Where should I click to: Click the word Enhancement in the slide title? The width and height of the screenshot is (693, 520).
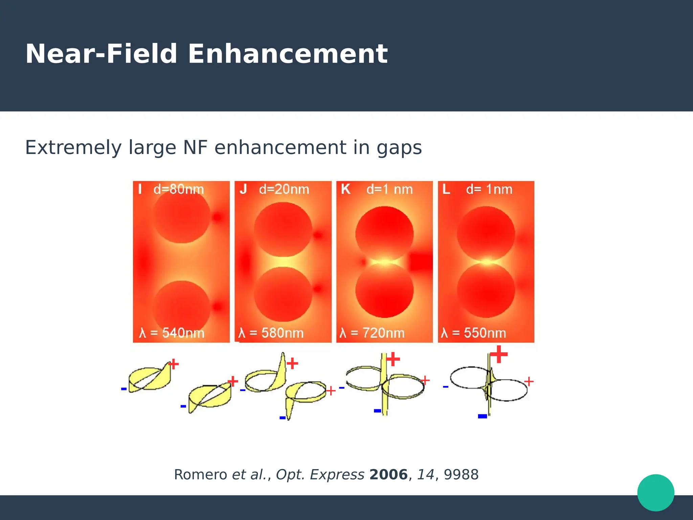click(288, 54)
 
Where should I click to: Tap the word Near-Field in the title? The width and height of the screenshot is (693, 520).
click(101, 54)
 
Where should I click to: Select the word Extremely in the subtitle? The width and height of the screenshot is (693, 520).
click(73, 148)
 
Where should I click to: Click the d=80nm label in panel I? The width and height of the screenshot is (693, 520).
click(179, 189)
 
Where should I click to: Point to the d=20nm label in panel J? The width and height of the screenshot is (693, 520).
click(284, 189)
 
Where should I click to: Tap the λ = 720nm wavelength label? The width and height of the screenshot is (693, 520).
click(372, 333)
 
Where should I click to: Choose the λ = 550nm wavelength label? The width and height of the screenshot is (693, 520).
click(473, 333)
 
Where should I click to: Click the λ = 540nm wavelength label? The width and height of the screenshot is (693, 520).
click(172, 333)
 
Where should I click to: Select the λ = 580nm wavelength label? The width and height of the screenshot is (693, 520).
click(271, 333)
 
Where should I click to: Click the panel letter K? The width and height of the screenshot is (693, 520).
click(345, 189)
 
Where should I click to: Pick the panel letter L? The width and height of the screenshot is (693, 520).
click(446, 189)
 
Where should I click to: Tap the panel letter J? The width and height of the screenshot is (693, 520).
click(243, 189)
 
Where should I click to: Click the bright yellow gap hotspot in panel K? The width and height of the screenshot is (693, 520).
click(384, 262)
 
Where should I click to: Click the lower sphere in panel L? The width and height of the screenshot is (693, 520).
click(486, 290)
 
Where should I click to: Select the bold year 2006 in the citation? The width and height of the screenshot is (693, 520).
click(388, 475)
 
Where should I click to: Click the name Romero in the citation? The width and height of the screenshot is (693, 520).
click(200, 475)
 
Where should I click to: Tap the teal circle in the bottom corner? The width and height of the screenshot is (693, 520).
click(655, 493)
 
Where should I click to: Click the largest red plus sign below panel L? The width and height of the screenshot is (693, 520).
click(499, 354)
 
